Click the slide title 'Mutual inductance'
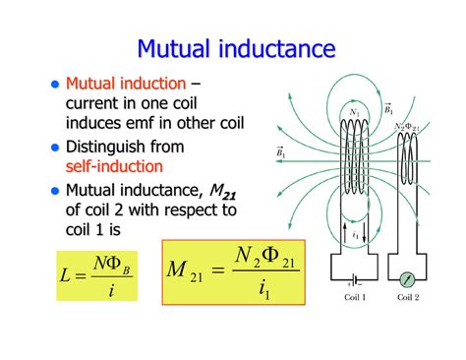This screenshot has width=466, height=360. pos(236,48)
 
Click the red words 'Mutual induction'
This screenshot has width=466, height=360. pos(125,84)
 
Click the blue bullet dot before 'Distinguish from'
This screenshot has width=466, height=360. pos(55,147)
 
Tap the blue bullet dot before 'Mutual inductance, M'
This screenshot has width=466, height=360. pos(55,190)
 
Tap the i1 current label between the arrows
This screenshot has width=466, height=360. pos(356,235)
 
